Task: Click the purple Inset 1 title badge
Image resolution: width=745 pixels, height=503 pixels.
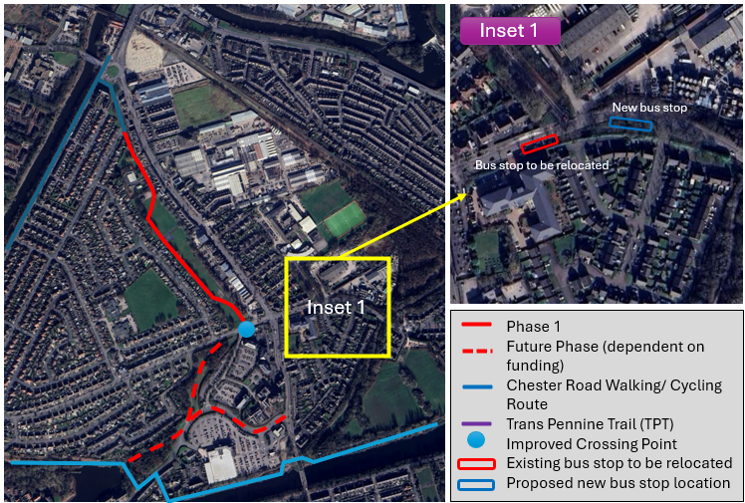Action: point(509,30)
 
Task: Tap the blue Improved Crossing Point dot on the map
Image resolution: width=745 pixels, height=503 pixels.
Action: point(246,329)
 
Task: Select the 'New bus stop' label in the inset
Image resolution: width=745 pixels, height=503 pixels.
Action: point(649,108)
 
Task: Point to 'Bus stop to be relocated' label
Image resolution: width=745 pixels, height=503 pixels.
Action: point(541,164)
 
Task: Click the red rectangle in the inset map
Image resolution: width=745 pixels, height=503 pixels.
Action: point(540,142)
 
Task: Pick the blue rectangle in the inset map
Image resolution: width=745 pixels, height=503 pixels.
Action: point(630,125)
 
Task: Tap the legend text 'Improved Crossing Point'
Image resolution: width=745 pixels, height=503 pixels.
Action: point(591,443)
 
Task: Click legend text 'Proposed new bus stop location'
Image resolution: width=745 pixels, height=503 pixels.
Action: point(619,483)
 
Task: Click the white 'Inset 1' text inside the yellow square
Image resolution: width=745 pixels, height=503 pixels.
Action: point(335,308)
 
